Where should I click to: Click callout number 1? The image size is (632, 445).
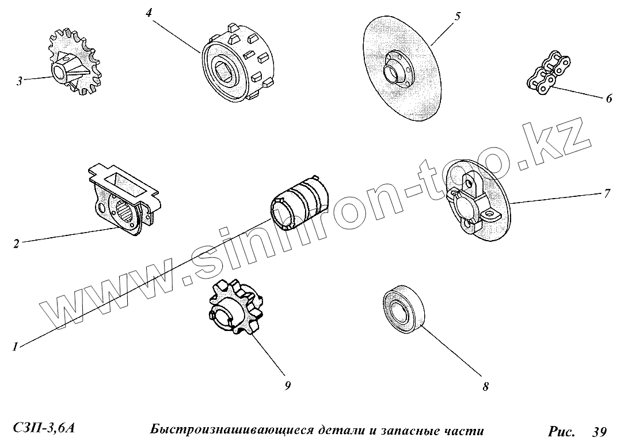(x=16, y=347)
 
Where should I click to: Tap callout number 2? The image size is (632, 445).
(x=16, y=244)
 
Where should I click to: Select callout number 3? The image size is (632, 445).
(x=20, y=81)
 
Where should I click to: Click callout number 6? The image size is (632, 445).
(x=608, y=98)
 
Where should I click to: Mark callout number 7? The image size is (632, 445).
(x=607, y=193)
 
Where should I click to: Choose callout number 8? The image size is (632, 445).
(x=485, y=387)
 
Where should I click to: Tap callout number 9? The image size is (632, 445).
(x=287, y=386)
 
